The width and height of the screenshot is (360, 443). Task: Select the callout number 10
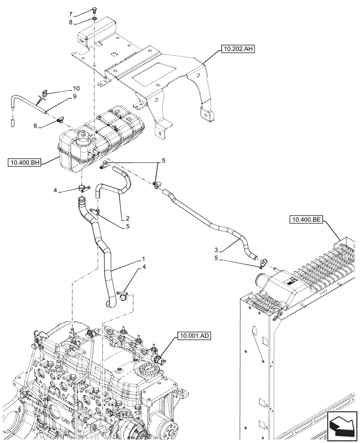(x=76, y=88)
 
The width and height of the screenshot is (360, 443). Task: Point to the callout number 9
(x=75, y=96)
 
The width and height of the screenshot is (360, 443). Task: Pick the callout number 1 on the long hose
(x=143, y=258)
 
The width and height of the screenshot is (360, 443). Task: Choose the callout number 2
(x=127, y=218)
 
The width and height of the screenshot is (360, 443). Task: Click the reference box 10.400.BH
(x=24, y=163)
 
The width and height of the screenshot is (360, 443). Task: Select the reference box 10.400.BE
(x=307, y=219)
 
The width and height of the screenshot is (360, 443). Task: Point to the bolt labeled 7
(x=94, y=11)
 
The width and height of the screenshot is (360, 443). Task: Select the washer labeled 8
(x=94, y=19)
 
